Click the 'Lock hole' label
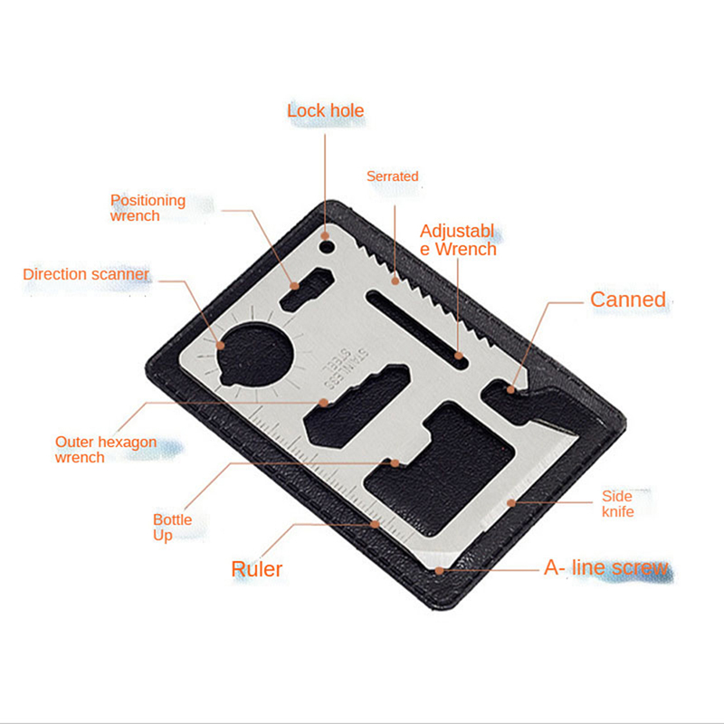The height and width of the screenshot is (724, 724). [326, 110]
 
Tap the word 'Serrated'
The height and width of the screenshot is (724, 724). [393, 176]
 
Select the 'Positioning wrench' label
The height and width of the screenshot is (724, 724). [148, 208]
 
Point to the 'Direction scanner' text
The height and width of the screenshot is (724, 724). [86, 274]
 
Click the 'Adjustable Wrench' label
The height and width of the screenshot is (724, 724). [458, 240]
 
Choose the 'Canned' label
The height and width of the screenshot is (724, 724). [628, 300]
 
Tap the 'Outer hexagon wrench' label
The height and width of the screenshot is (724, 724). [106, 449]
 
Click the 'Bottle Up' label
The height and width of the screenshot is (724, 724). [172, 528]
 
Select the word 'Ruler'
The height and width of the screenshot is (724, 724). [257, 569]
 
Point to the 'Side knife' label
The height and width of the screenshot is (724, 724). [617, 504]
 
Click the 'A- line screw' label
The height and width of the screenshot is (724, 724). [606, 567]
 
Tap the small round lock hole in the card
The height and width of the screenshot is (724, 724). [327, 247]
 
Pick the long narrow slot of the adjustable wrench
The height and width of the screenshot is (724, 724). [417, 329]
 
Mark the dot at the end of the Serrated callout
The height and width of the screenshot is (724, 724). [395, 281]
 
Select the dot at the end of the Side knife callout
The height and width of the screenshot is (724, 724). [511, 503]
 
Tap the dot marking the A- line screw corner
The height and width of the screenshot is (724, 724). [439, 571]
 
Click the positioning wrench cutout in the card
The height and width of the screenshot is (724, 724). [307, 289]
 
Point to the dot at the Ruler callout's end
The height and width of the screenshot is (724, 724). [376, 524]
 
